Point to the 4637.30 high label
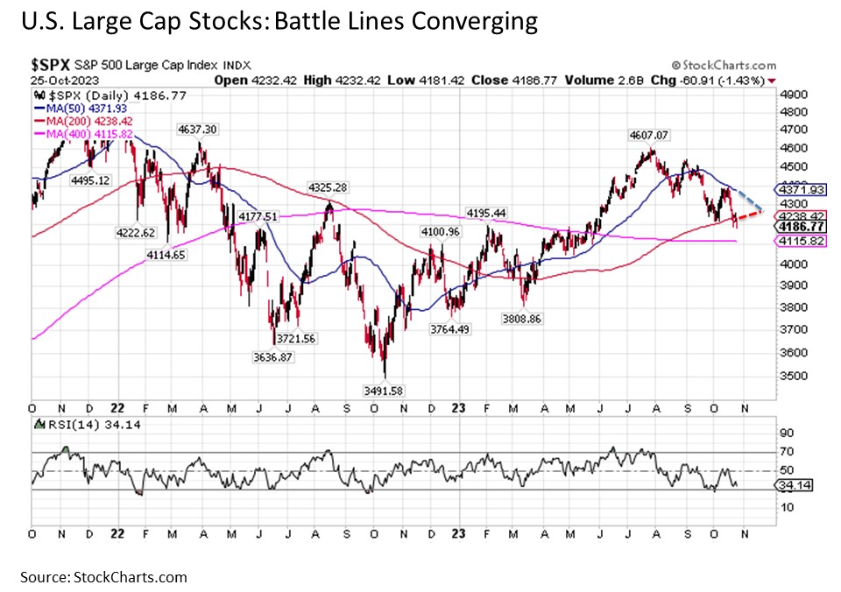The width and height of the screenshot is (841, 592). (197, 129)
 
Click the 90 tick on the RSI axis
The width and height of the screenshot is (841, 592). (787, 433)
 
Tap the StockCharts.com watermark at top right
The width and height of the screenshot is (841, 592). (724, 66)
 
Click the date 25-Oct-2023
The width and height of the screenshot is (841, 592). (60, 79)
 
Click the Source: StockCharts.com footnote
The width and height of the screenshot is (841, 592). (105, 577)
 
